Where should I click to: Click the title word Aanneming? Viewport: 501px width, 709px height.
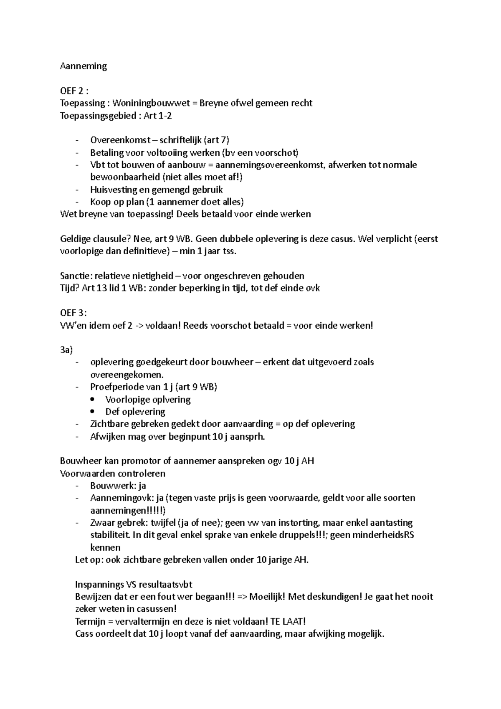tap(83, 66)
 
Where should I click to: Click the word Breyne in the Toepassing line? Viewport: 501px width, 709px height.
tap(213, 103)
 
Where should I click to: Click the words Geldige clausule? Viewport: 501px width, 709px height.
tap(96, 239)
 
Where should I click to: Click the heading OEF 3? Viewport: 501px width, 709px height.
tap(73, 313)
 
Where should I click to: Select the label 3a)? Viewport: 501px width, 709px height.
tap(66, 350)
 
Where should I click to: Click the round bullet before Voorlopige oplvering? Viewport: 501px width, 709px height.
tap(97, 400)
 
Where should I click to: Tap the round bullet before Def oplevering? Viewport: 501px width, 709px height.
tap(97, 412)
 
